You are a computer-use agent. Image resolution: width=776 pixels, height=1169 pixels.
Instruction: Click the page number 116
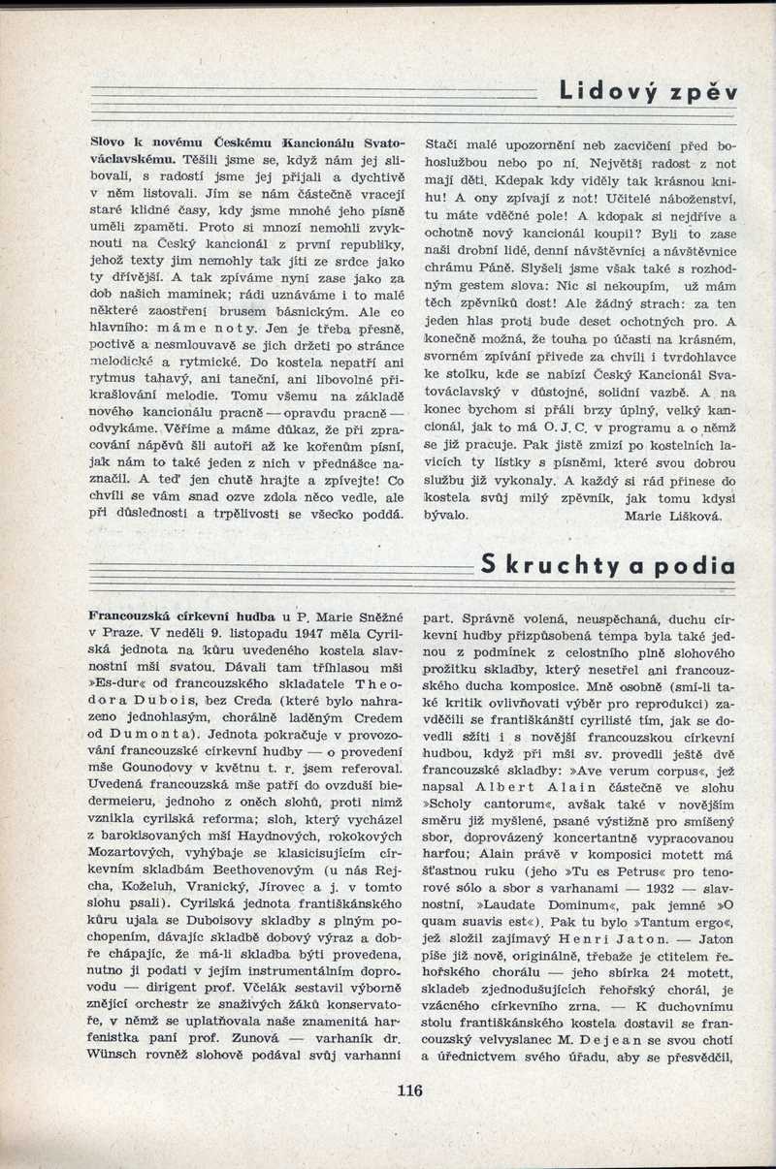pos(409,1090)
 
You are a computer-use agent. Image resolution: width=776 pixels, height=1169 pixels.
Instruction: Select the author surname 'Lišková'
pos(689,517)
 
